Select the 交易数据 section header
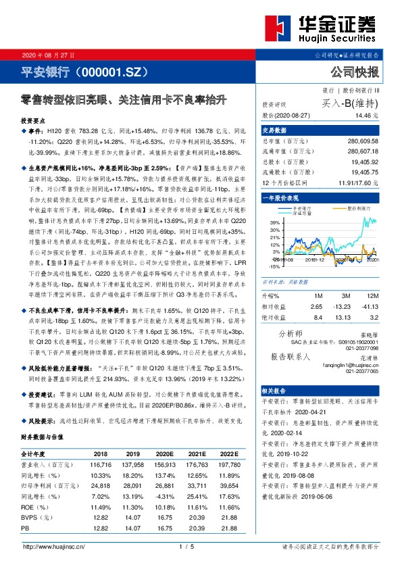274,130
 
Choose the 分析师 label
291,334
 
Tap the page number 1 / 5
187,546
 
